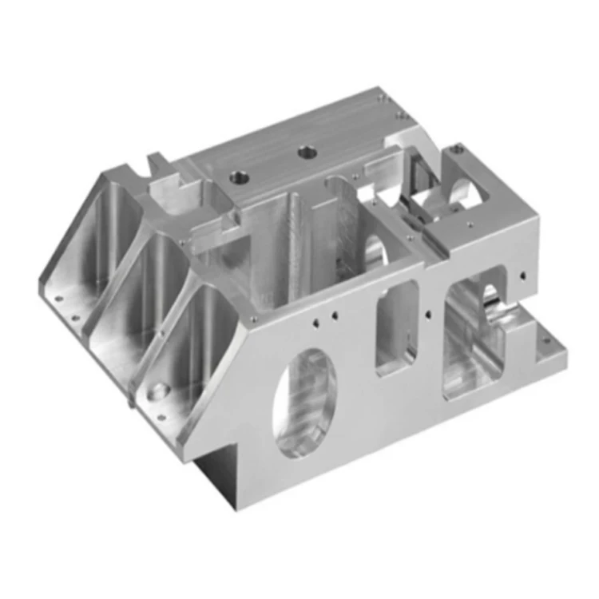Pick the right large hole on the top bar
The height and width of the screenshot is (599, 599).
click(305, 151)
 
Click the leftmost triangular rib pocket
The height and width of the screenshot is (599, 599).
click(89, 240)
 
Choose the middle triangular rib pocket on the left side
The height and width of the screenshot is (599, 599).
click(136, 292)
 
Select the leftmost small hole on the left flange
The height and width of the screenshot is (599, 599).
click(58, 299)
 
